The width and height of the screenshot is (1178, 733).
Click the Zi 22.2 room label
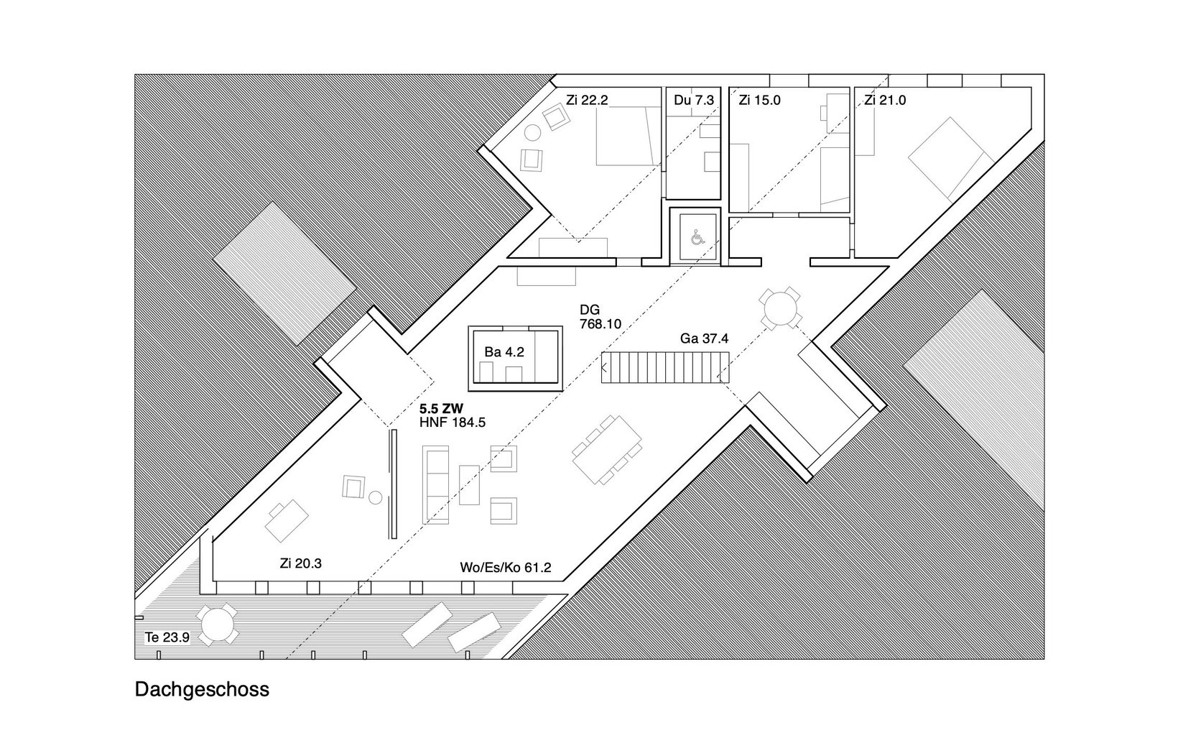pyautogui.click(x=587, y=100)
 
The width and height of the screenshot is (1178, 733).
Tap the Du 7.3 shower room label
pyautogui.click(x=694, y=100)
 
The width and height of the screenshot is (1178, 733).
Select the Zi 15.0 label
pyautogui.click(x=759, y=100)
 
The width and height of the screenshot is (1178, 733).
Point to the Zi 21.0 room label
pyautogui.click(x=885, y=100)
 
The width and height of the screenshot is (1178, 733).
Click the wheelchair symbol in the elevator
pyautogui.click(x=698, y=238)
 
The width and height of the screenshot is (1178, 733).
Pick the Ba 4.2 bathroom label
pyautogui.click(x=504, y=352)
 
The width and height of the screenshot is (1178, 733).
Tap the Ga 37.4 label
pyautogui.click(x=704, y=338)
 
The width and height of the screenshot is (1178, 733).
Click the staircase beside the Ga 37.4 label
pyautogui.click(x=665, y=367)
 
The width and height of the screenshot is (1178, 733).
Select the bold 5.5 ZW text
pyautogui.click(x=441, y=409)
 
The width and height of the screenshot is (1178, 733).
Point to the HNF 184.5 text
pyautogui.click(x=453, y=422)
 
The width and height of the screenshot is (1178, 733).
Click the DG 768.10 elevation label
pyautogui.click(x=600, y=317)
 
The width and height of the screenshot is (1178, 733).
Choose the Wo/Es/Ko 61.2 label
pyautogui.click(x=506, y=567)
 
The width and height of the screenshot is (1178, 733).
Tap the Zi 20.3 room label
pyautogui.click(x=301, y=563)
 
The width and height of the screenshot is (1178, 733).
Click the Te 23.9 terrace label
pyautogui.click(x=167, y=637)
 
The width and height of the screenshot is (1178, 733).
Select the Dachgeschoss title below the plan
pyautogui.click(x=202, y=689)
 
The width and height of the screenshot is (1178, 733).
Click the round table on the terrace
pyautogui.click(x=217, y=624)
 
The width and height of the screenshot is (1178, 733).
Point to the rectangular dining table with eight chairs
pyautogui.click(x=607, y=449)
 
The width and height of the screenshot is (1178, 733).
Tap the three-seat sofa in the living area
pyautogui.click(x=435, y=484)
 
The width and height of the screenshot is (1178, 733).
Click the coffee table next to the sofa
pyautogui.click(x=469, y=484)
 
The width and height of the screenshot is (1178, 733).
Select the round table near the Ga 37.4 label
pyautogui.click(x=780, y=308)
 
